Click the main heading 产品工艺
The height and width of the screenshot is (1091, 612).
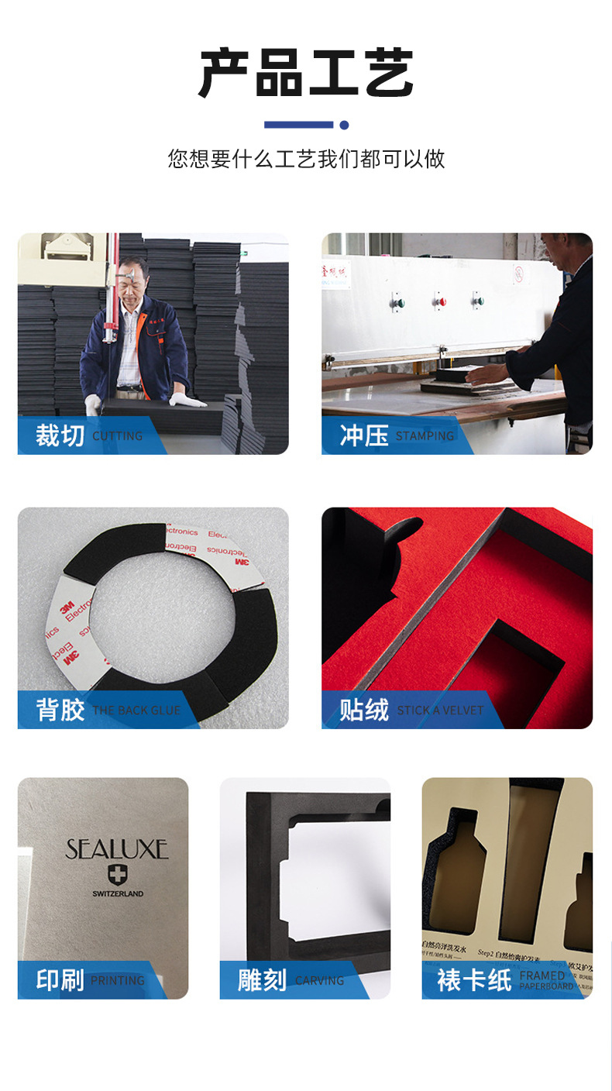click(x=306, y=74)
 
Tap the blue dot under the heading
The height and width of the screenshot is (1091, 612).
click(x=344, y=125)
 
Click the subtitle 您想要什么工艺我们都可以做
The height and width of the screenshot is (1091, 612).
click(x=306, y=159)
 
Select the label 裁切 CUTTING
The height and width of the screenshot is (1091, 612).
click(x=88, y=435)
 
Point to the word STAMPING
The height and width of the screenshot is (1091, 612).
click(x=425, y=436)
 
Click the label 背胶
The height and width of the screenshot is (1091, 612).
click(x=60, y=710)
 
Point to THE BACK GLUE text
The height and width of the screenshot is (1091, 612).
click(x=136, y=711)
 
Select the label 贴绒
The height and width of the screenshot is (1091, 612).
click(x=363, y=710)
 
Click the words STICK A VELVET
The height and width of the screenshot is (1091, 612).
click(x=440, y=711)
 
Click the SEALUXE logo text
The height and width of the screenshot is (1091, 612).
click(x=117, y=849)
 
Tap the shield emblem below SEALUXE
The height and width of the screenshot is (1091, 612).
click(x=118, y=875)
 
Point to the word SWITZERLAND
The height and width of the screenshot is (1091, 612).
click(x=118, y=893)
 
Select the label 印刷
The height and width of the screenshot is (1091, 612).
click(x=60, y=980)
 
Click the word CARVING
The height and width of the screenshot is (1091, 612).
click(x=319, y=981)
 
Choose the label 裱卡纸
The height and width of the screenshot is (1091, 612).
click(x=473, y=980)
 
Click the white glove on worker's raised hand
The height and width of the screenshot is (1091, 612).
click(x=187, y=401)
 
